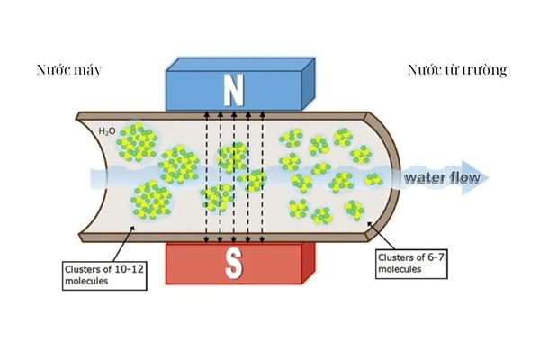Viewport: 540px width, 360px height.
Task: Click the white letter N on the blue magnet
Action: (x=234, y=88)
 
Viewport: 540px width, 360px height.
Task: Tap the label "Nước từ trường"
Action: (x=458, y=69)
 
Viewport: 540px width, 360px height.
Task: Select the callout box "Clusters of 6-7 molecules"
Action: (x=408, y=262)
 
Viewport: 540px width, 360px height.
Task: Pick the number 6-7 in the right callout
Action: (x=430, y=256)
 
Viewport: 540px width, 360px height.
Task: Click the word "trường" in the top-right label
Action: (x=485, y=69)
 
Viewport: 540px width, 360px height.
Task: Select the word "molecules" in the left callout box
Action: (x=87, y=281)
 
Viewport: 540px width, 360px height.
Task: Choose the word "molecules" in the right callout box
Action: (x=400, y=268)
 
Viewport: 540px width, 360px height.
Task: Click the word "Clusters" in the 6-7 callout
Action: (x=394, y=256)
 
